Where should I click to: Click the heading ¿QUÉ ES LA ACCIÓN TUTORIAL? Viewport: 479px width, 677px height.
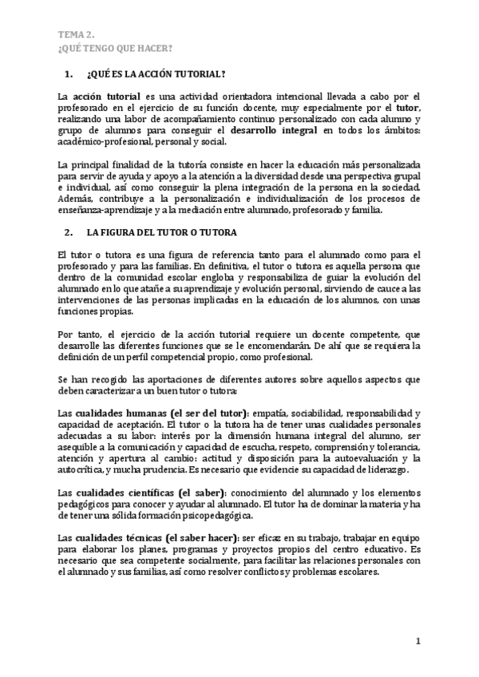click(156, 75)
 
